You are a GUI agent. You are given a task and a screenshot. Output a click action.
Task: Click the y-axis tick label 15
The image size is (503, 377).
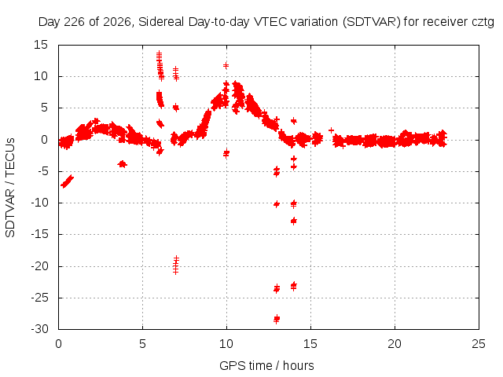click(41, 45)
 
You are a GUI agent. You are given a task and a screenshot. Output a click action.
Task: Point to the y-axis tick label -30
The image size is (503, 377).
click(39, 329)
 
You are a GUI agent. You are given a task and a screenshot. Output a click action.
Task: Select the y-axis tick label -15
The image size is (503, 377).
click(39, 234)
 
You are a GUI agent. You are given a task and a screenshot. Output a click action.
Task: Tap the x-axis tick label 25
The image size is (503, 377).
click(479, 344)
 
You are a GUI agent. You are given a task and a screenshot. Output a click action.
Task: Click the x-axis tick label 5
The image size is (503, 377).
click(142, 344)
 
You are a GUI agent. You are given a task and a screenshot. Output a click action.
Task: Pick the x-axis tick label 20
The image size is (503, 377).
click(395, 344)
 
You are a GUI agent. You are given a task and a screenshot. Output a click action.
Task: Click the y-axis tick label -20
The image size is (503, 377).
click(39, 266)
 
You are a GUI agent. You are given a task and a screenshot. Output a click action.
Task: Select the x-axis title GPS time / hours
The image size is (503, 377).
click(266, 365)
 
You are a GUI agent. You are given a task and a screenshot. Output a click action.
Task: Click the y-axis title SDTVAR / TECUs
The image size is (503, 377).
click(10, 188)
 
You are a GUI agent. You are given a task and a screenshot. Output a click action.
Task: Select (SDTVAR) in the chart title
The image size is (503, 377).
click(372, 22)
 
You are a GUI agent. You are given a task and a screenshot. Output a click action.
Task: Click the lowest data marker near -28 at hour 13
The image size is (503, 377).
click(277, 319)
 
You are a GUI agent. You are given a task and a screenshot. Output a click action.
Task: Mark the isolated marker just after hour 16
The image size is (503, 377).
click(331, 130)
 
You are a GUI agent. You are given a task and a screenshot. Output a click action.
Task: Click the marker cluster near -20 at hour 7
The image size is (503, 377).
click(176, 265)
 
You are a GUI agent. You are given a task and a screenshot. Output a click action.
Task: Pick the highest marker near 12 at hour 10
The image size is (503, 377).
click(226, 66)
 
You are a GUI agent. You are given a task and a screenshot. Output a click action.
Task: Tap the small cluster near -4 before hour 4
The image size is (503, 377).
click(123, 164)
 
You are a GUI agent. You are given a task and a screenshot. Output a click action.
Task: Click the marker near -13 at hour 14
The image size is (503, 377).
click(293, 221)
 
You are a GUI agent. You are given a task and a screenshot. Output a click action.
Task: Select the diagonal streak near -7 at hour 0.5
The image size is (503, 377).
click(67, 181)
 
